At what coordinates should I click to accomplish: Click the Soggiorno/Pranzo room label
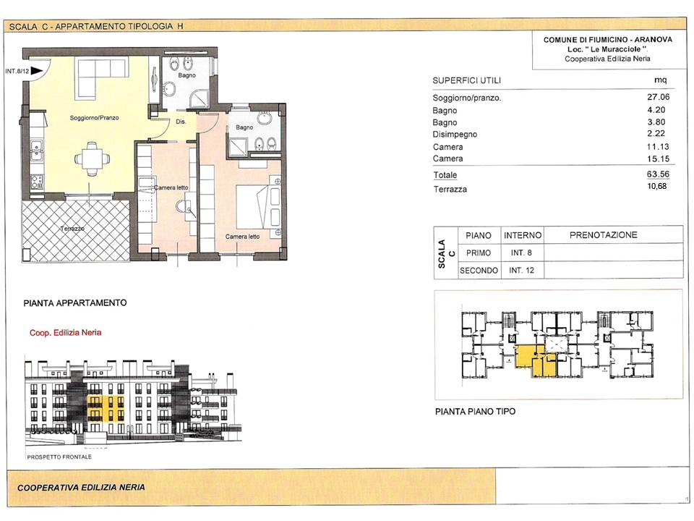[94, 118]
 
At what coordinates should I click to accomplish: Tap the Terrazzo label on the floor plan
[72, 229]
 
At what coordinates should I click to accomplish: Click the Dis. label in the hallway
[181, 122]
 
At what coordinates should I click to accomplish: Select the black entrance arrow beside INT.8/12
[37, 71]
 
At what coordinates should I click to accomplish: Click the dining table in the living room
[92, 158]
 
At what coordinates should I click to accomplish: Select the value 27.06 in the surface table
[658, 97]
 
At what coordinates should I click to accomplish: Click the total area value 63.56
[658, 174]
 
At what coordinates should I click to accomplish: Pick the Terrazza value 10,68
[657, 186]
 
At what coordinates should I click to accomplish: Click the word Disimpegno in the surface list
[455, 135]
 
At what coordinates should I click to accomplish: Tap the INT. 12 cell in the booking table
[522, 270]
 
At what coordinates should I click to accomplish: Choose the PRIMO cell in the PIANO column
[479, 253]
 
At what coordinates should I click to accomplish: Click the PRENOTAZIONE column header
[603, 234]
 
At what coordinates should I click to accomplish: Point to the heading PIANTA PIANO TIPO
[476, 412]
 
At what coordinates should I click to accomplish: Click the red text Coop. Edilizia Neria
[66, 333]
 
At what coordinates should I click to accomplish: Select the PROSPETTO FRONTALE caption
[59, 457]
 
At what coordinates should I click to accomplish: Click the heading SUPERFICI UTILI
[466, 80]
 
